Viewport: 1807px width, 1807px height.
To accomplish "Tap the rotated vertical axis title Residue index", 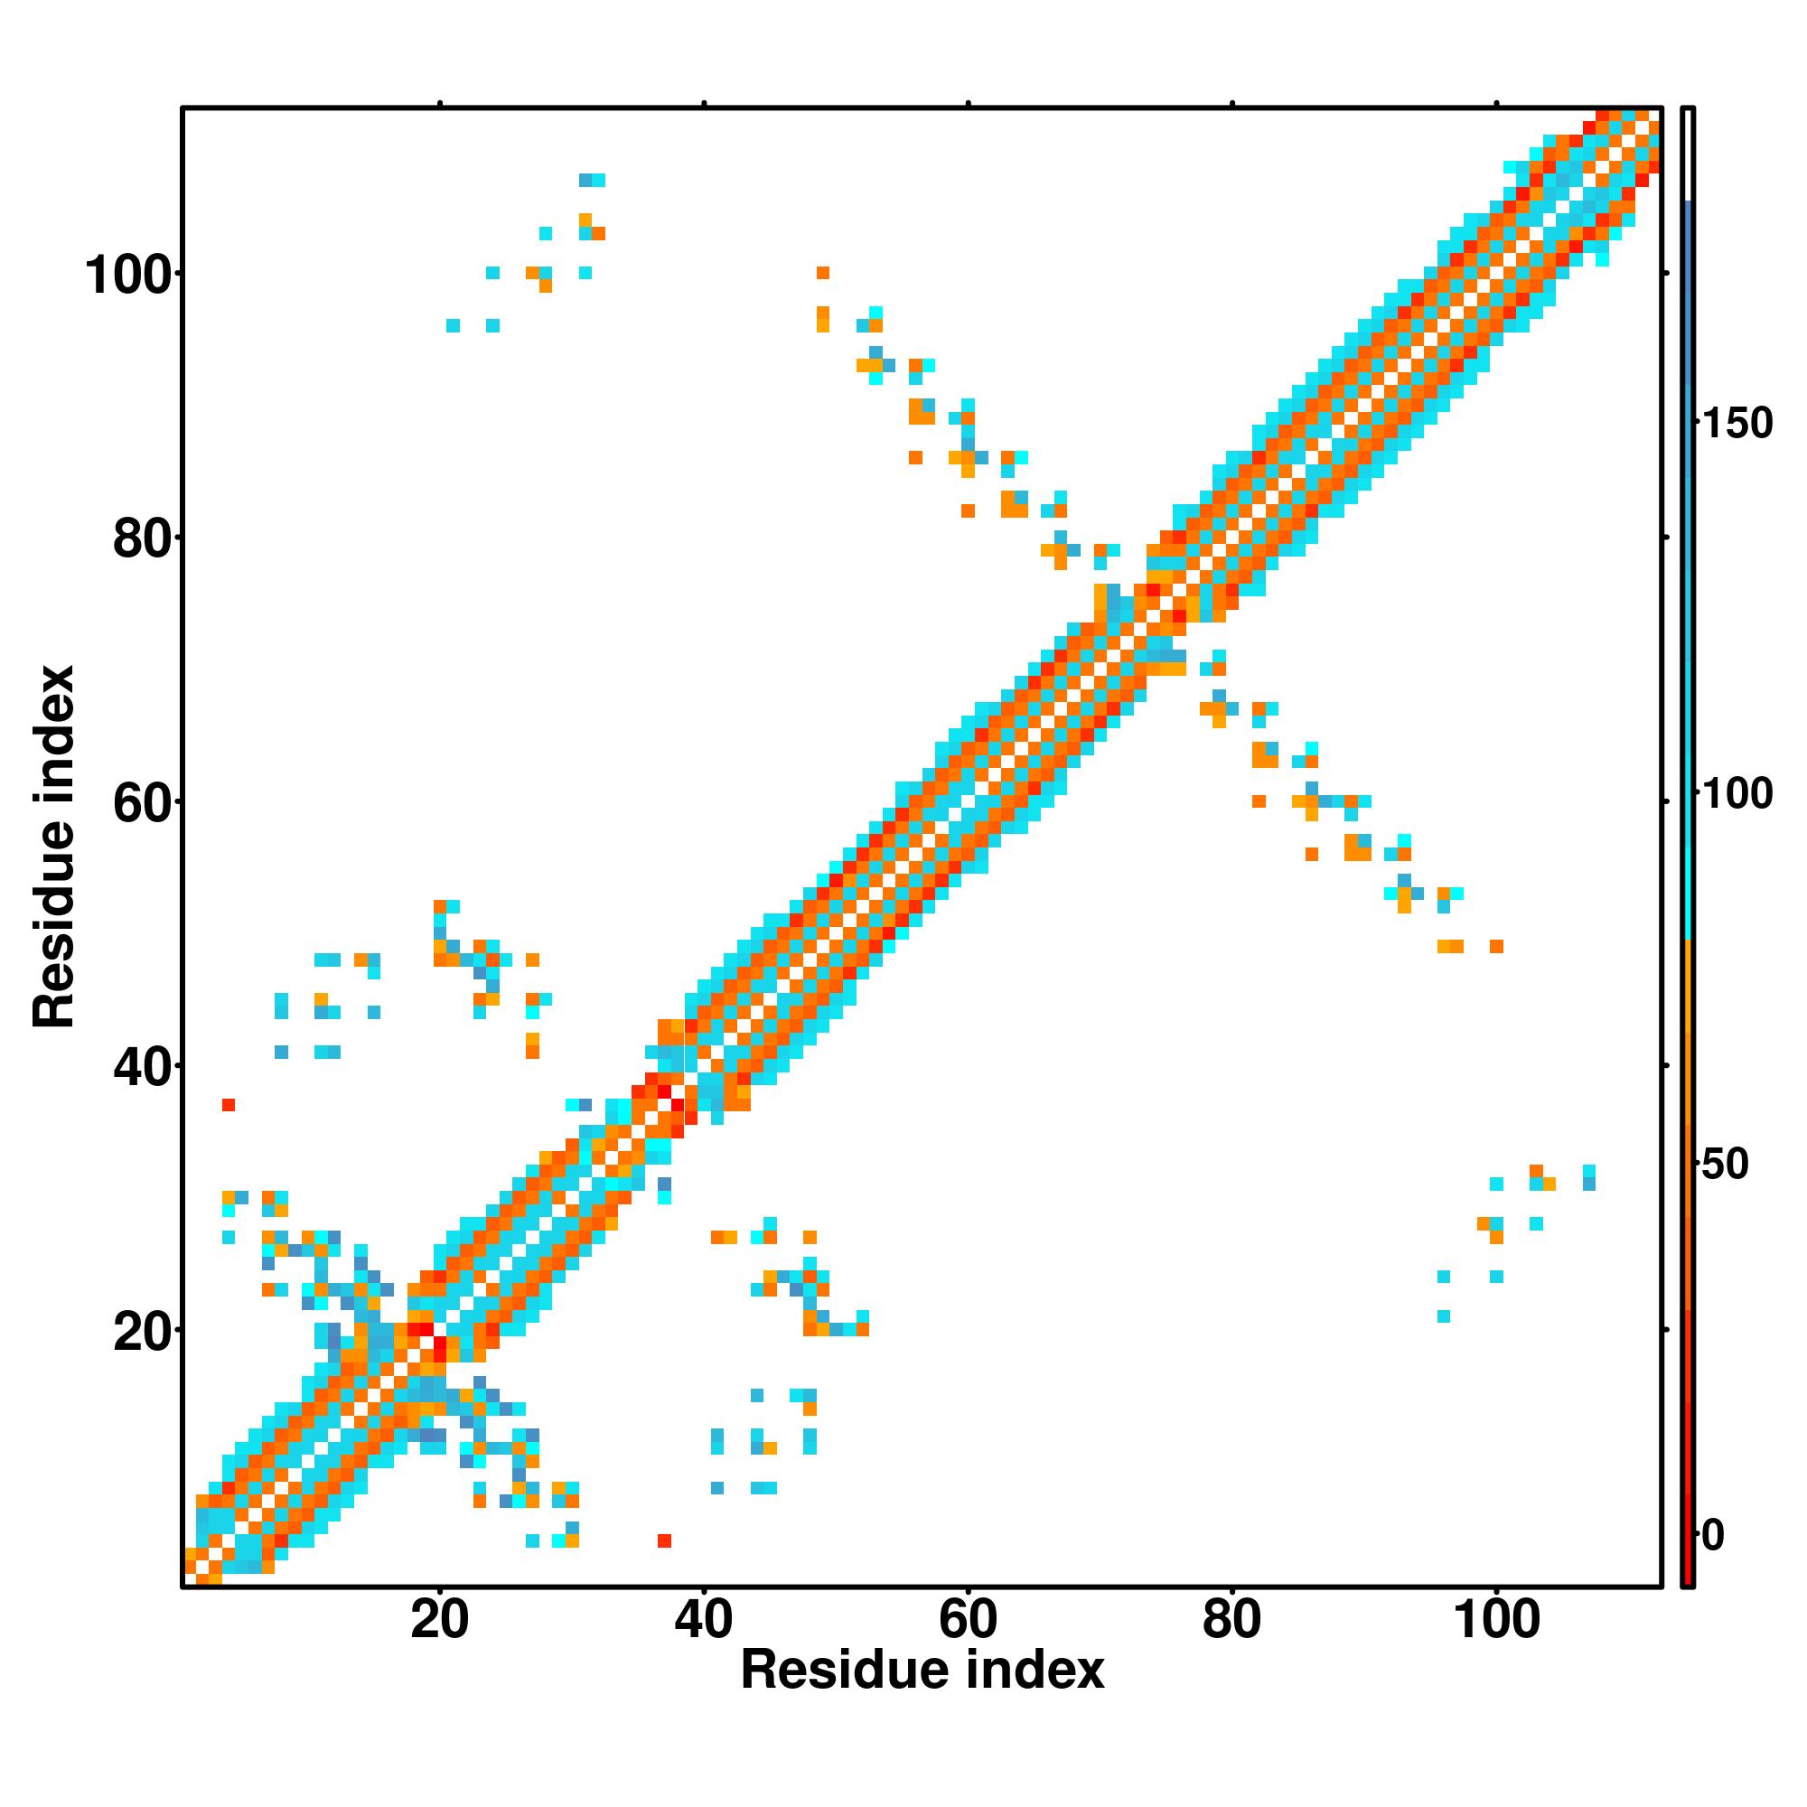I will point(53,847).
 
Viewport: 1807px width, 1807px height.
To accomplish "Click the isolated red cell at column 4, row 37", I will point(229,1105).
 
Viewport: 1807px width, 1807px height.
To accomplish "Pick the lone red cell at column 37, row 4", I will point(664,1540).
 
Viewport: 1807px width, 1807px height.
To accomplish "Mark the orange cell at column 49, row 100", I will point(823,273).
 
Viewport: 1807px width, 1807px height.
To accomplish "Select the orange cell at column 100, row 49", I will point(1496,947).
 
